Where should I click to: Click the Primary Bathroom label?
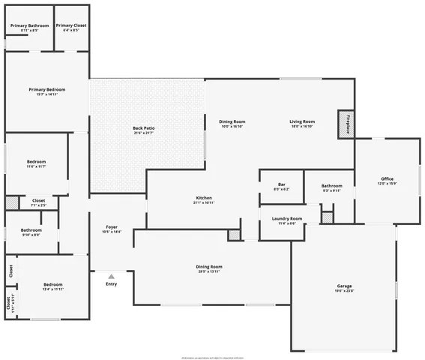coord(29,25)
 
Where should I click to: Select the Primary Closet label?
coord(70,25)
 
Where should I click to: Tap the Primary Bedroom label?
coord(46,90)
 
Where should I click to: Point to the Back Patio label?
coord(143,128)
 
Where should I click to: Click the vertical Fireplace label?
coord(348,123)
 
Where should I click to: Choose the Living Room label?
coord(302,121)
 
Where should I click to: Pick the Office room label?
coord(388,178)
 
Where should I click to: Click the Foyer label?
coord(111,226)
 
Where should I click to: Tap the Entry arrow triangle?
coord(111,276)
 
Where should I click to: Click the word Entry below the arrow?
coord(111,283)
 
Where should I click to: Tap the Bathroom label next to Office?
coord(331,185)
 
